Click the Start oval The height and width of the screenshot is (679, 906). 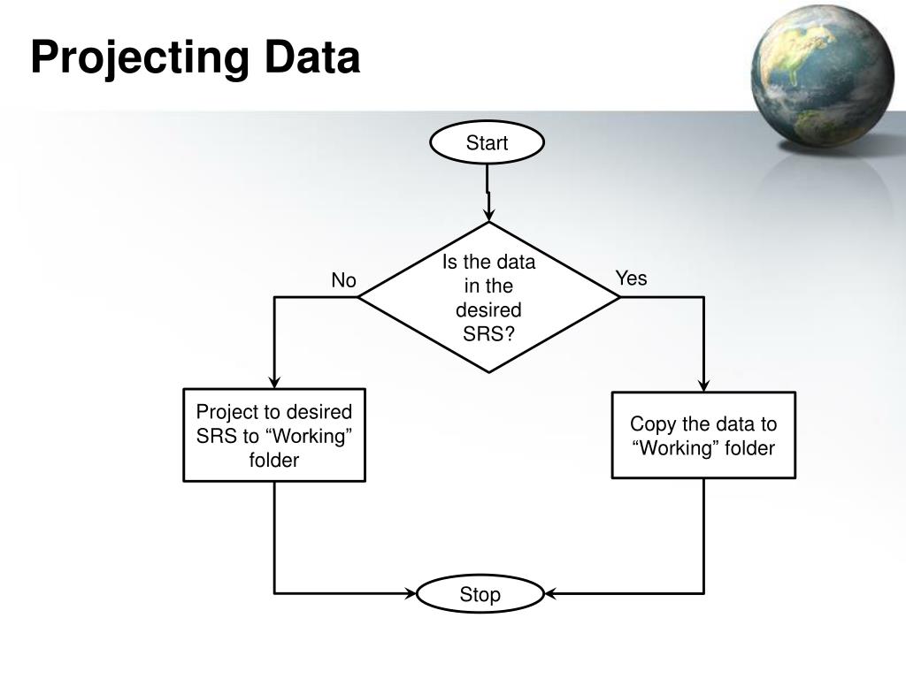pyautogui.click(x=487, y=143)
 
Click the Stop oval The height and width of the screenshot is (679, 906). pyautogui.click(x=480, y=595)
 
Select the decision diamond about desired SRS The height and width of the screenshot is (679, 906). pyautogui.click(x=488, y=297)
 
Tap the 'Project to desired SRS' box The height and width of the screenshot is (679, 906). pyautogui.click(x=274, y=435)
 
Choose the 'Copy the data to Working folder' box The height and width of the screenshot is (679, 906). pyautogui.click(x=703, y=435)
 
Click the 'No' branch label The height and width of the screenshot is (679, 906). pyautogui.click(x=343, y=281)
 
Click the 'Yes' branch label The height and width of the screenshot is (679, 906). pyautogui.click(x=632, y=279)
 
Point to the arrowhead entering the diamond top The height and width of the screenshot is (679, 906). pyautogui.click(x=488, y=215)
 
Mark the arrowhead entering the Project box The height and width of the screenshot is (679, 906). pyautogui.click(x=274, y=382)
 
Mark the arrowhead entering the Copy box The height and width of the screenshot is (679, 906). pyautogui.click(x=703, y=385)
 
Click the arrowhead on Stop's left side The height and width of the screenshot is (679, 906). pyautogui.click(x=410, y=593)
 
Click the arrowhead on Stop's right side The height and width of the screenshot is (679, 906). pyautogui.click(x=550, y=593)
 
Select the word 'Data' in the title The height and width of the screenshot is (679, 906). pyautogui.click(x=310, y=58)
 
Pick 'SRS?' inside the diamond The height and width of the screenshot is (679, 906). pyautogui.click(x=488, y=334)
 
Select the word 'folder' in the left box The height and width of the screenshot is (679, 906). pyautogui.click(x=274, y=460)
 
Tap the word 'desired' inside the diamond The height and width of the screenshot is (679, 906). pyautogui.click(x=488, y=310)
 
